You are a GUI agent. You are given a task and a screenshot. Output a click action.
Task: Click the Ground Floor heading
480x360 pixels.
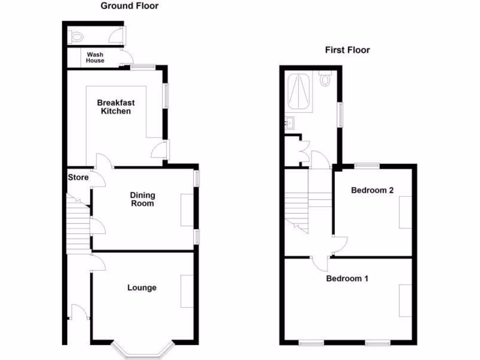pos(130,6)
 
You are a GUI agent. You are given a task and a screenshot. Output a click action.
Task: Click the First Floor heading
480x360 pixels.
pos(347,50)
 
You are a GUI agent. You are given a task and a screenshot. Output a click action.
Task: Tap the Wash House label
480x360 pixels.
pos(95,58)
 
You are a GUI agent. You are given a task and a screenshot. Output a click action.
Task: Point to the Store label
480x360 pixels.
pos(78,178)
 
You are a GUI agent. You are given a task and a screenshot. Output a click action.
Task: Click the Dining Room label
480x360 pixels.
pos(142,199)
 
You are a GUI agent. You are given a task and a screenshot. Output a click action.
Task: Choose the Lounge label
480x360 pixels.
pos(142,287)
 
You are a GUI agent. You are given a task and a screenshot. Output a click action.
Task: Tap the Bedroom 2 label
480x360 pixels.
pos(372,190)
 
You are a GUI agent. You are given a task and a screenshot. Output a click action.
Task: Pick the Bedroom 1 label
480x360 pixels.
pos(347,278)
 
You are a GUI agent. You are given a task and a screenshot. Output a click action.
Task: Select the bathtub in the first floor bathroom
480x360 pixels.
pos(299,92)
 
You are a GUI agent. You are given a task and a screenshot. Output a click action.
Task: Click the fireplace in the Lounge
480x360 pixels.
pos(187,291)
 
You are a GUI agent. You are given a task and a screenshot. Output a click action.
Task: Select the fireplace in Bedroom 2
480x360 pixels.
pos(405,212)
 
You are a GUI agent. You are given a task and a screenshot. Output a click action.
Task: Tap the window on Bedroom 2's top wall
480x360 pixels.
pos(367,165)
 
